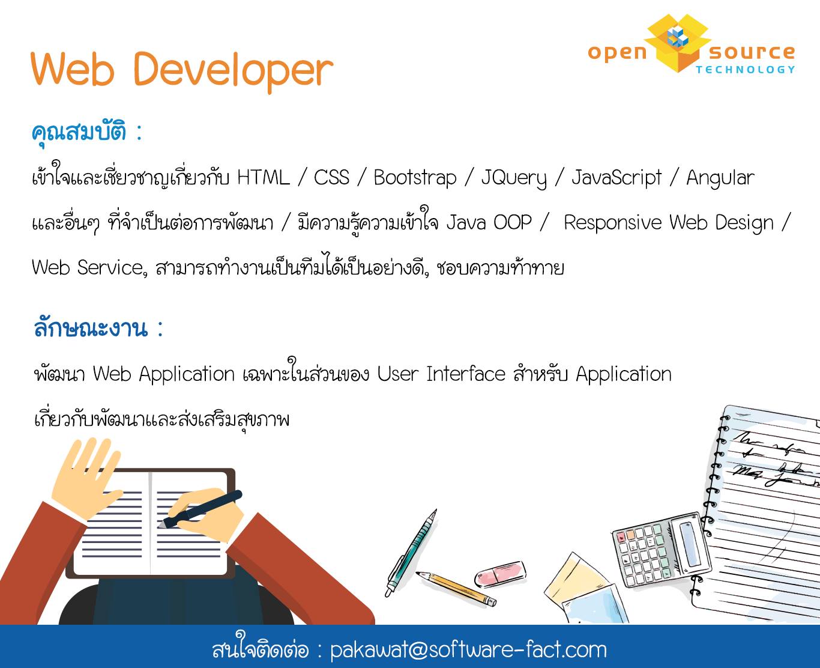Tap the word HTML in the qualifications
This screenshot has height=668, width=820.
tap(264, 178)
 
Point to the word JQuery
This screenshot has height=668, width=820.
tap(514, 179)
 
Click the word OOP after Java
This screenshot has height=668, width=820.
tap(513, 222)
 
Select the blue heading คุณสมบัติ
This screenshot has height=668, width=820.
tap(79, 133)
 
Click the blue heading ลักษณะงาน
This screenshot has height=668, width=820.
tap(91, 328)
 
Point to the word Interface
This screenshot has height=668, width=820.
tap(466, 374)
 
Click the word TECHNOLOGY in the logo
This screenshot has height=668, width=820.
tap(746, 70)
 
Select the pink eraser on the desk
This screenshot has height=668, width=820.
tap(500, 574)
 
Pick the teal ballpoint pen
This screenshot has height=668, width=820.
tap(411, 553)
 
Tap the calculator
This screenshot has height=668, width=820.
tap(662, 549)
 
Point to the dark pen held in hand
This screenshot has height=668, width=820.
tap(200, 509)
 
